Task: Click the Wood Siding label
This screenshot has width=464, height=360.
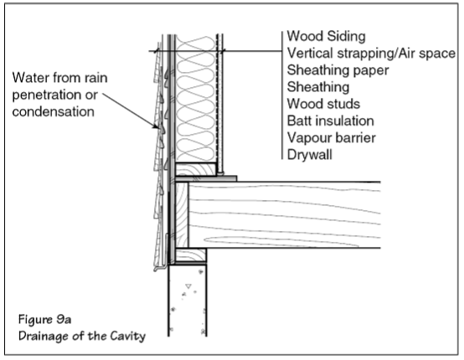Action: tap(326, 36)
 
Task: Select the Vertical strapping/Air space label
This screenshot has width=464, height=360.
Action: tap(371, 54)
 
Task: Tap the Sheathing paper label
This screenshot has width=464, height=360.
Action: tap(338, 70)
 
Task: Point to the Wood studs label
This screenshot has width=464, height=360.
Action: tap(323, 104)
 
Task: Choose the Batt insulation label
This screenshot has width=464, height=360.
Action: tap(331, 121)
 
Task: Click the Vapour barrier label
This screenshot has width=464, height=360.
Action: tap(332, 138)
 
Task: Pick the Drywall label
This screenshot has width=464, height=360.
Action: tap(310, 155)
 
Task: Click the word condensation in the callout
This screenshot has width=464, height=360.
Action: tap(54, 111)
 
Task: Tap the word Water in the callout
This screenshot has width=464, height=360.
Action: tap(30, 78)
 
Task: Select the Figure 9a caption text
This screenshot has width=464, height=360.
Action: tap(44, 320)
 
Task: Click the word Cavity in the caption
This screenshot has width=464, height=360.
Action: tap(127, 336)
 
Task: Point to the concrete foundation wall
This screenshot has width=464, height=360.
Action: tap(188, 301)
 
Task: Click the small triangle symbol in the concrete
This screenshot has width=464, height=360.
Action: tap(188, 286)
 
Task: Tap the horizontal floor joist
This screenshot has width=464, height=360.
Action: tap(284, 215)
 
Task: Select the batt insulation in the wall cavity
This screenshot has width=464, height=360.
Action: tap(196, 99)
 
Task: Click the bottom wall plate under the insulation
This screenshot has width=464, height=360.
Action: tap(195, 169)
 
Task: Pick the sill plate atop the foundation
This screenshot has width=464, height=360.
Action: tap(191, 255)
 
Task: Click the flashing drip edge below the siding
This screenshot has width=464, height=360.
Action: tap(162, 268)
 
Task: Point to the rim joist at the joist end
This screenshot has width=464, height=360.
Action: tap(182, 215)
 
